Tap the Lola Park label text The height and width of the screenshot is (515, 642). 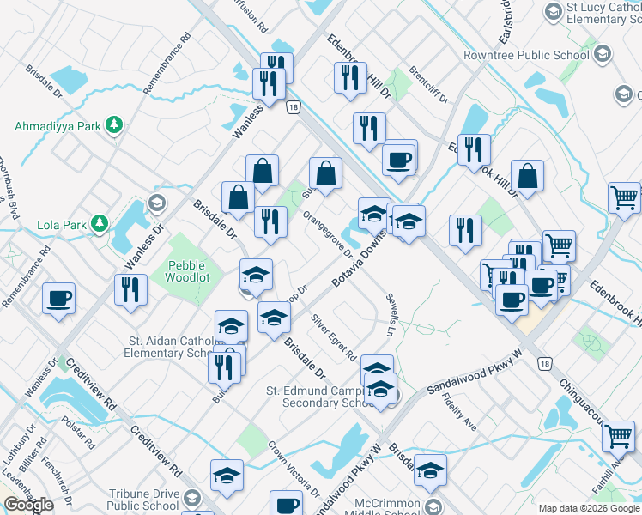pyautogui.click(x=62, y=225)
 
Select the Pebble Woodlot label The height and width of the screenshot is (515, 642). pyautogui.click(x=187, y=273)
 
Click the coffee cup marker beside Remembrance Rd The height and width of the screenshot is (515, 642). pyautogui.click(x=59, y=298)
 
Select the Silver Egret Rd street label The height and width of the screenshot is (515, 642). pyautogui.click(x=334, y=337)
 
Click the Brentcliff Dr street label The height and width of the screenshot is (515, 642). pyautogui.click(x=429, y=85)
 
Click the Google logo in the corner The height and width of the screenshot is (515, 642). pyautogui.click(x=28, y=505)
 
